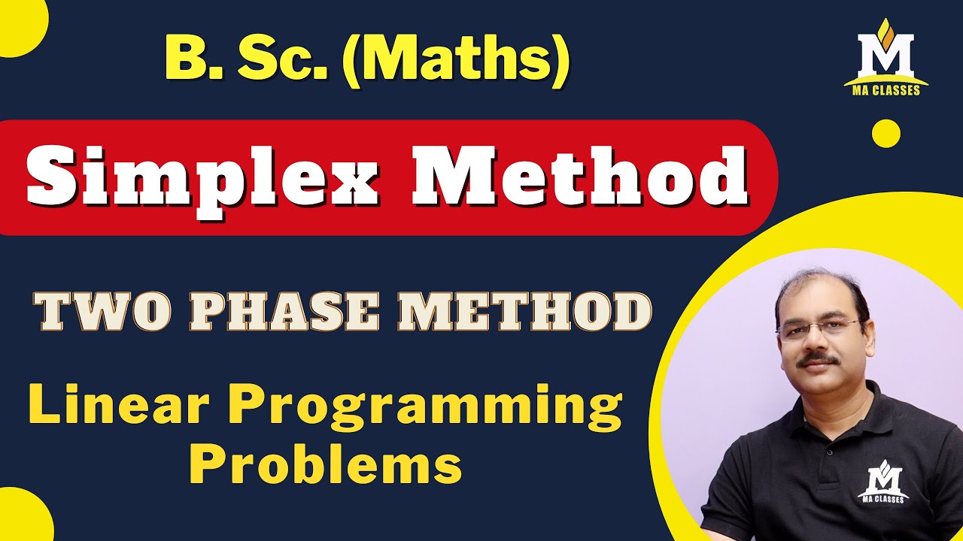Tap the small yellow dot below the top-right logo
click(886, 133)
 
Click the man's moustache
click(819, 360)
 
